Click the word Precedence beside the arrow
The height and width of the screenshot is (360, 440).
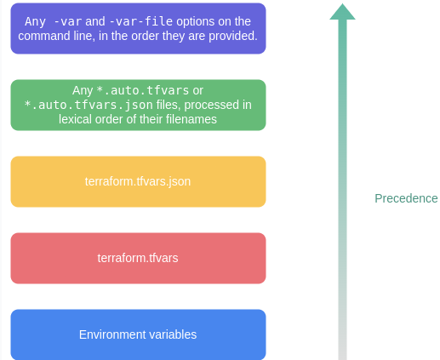pos(406,198)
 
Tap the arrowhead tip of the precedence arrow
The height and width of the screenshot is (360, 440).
pos(342,3)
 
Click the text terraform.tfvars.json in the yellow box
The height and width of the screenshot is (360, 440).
pos(138,181)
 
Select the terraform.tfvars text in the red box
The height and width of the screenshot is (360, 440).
pos(138,258)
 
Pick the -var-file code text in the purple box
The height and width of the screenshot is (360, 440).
pos(140,21)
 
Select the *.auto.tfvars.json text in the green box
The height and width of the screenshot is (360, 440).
pos(89,105)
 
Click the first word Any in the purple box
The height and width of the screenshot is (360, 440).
pos(35,22)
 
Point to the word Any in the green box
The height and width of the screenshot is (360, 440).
pos(83,91)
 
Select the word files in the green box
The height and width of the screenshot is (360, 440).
pos(168,105)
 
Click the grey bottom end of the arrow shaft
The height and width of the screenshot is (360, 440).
pos(342,358)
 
